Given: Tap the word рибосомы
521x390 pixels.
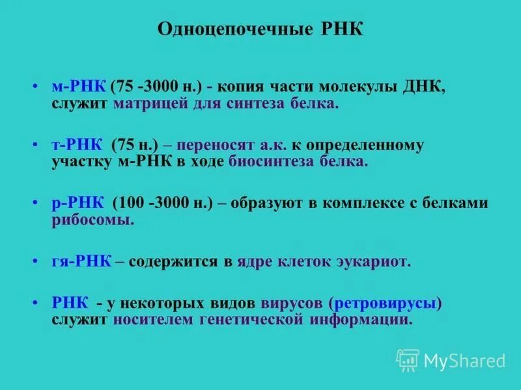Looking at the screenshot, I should (x=92, y=220).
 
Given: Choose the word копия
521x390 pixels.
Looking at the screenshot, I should (x=247, y=87).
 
